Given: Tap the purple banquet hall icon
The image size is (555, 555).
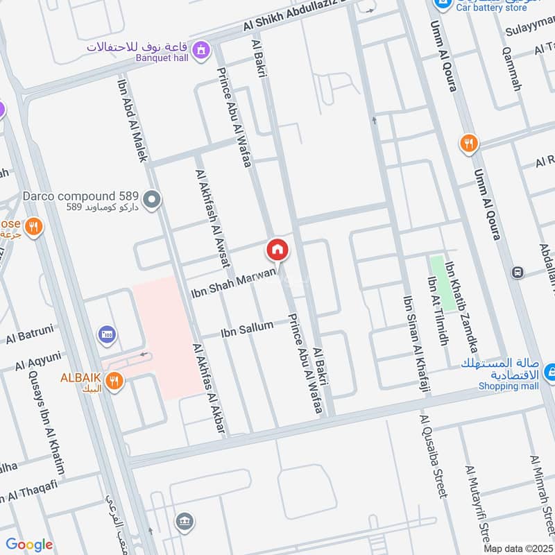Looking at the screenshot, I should (202, 49).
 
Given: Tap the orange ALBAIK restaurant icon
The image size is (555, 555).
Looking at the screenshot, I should (116, 379).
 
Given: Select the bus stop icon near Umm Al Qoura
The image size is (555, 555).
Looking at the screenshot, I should (517, 273).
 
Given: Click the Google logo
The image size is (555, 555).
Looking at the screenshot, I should (28, 545).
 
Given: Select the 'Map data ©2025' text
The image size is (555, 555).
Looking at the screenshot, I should (517, 548).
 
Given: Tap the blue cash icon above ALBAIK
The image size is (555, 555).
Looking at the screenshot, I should (107, 336).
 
